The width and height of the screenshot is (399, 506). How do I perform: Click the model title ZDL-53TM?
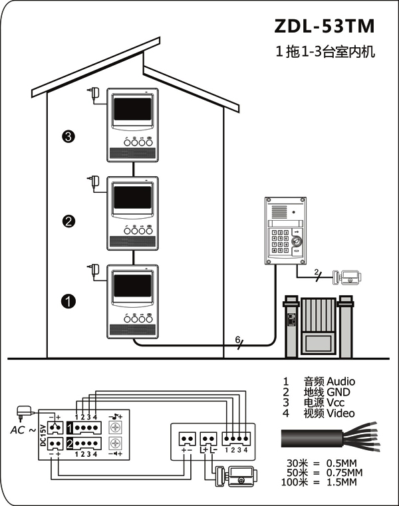[x=325, y=26]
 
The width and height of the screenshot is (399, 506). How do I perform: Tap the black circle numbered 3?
[x=68, y=136]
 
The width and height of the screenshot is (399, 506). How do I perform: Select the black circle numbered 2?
[x=68, y=221]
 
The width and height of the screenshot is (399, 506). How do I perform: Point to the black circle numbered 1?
[x=68, y=301]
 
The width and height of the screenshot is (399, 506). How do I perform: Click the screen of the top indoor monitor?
[x=132, y=110]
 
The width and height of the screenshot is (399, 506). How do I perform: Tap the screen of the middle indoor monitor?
[x=132, y=197]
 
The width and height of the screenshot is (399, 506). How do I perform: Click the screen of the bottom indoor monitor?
[x=132, y=286]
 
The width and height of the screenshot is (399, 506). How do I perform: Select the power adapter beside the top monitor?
[x=94, y=93]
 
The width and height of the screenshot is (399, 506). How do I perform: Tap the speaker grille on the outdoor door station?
[x=279, y=212]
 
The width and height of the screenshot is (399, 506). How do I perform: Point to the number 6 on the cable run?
[x=237, y=340]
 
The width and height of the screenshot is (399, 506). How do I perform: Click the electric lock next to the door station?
[x=346, y=277]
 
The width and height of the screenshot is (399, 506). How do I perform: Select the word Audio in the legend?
[x=340, y=382]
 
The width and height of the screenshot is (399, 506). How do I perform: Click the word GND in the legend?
[x=338, y=392]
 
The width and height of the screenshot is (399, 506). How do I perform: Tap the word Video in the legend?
[x=340, y=413]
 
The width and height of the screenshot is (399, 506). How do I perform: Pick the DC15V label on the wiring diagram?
[x=43, y=436]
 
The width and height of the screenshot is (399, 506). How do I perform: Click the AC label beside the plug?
[x=18, y=430]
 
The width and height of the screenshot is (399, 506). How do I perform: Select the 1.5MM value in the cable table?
[x=342, y=482]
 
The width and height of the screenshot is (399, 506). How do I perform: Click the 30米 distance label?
[x=297, y=463]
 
